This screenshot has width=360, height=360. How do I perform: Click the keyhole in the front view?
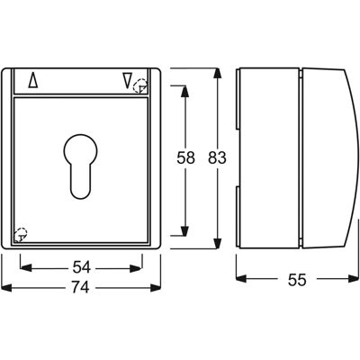(80, 166)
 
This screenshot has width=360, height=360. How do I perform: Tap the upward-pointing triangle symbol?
(33, 81)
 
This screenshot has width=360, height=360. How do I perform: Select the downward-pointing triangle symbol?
(127, 81)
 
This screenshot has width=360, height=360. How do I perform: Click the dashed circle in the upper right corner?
(140, 86)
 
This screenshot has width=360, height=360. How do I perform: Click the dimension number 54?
(81, 267)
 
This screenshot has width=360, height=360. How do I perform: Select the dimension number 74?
(81, 288)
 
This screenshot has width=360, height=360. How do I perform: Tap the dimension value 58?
(185, 157)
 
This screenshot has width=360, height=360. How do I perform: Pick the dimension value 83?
(217, 157)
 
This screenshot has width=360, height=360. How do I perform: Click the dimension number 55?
(297, 280)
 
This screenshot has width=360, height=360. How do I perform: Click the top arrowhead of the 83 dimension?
(218, 74)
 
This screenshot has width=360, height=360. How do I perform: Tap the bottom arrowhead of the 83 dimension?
(218, 243)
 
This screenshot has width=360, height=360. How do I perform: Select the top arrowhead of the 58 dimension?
(185, 92)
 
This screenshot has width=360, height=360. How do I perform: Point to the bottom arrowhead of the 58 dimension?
(185, 229)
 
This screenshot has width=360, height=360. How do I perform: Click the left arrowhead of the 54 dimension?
(26, 268)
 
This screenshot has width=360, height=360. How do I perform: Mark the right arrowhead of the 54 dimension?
(136, 268)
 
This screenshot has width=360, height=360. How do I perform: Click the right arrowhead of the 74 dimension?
(156, 288)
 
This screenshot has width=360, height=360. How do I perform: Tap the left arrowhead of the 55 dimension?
(241, 279)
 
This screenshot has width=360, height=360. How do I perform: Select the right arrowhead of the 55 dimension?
(354, 279)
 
